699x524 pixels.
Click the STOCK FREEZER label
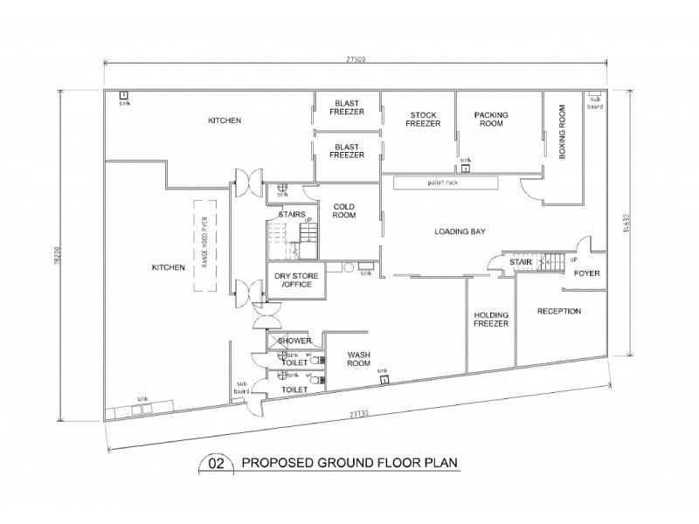click(x=423, y=119)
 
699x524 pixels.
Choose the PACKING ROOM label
click(x=491, y=119)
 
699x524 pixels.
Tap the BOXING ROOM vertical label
click(x=562, y=132)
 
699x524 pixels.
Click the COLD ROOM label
click(x=343, y=210)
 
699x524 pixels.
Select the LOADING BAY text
click(x=460, y=231)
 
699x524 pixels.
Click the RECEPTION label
click(x=558, y=311)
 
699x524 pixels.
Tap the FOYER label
click(x=585, y=273)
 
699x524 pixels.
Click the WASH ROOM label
click(x=361, y=358)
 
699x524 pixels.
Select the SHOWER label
click(x=294, y=341)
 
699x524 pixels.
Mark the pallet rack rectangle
click(x=445, y=183)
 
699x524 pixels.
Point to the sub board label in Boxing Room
click(x=595, y=102)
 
